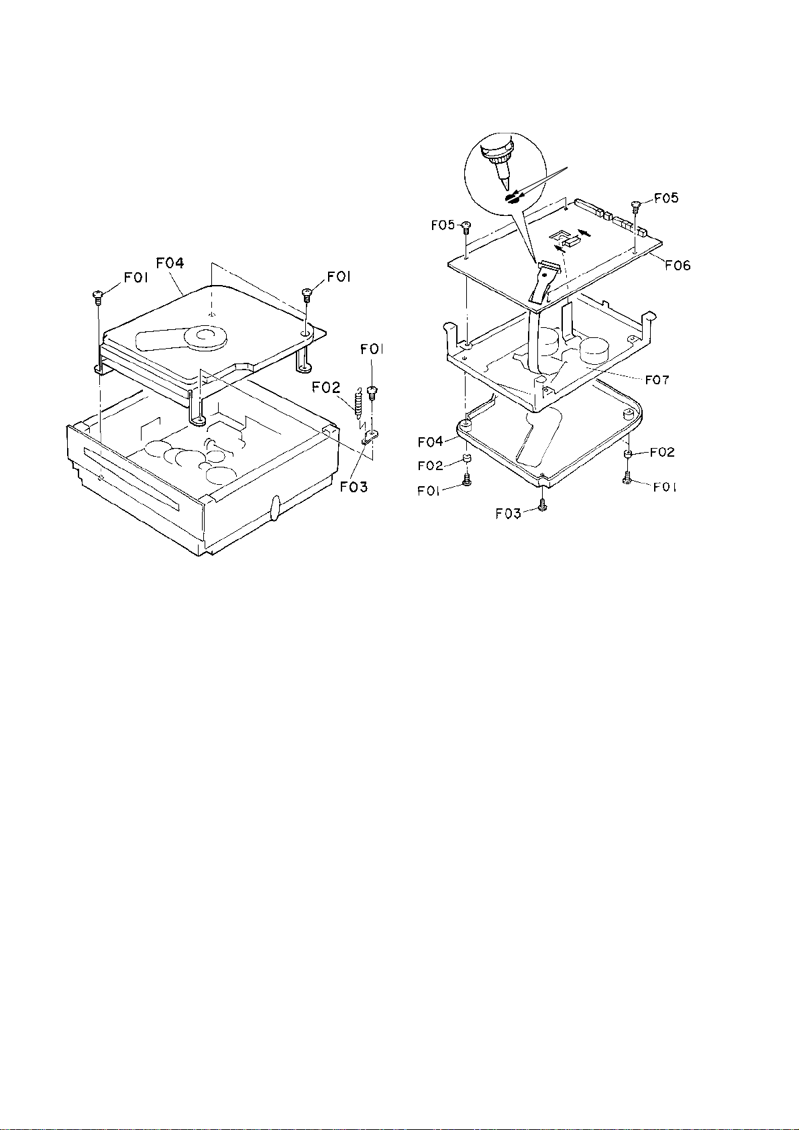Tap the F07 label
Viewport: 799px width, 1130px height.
pos(657,380)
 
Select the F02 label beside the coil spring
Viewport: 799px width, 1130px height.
pos(325,388)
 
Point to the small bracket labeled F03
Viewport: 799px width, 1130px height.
pos(370,437)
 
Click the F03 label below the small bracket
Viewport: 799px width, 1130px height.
pos(354,487)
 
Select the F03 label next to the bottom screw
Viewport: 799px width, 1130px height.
pos(509,514)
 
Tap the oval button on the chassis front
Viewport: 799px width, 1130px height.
pos(276,507)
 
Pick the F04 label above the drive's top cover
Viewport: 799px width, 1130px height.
pos(170,264)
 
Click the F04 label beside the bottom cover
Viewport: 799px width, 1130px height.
pos(431,442)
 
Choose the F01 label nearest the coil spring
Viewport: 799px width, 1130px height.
pos(371,349)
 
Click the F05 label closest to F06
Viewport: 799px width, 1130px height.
pos(666,198)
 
